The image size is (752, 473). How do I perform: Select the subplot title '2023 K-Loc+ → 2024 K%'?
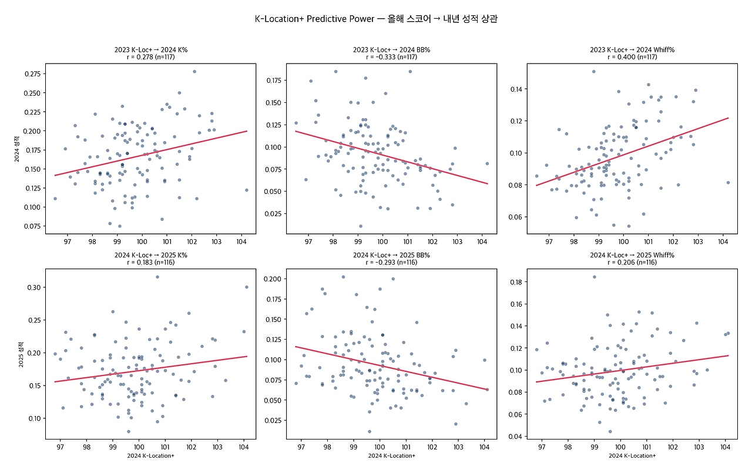151,50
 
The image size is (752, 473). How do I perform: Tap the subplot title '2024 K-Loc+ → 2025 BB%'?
392,256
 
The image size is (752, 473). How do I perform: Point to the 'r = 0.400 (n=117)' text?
632,58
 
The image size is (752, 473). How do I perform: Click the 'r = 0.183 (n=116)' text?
151,263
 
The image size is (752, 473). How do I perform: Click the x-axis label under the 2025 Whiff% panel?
632,455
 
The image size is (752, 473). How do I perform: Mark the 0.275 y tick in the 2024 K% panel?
33,74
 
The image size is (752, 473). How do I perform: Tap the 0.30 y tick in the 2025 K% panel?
35,287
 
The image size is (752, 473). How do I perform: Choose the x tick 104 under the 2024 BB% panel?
482,241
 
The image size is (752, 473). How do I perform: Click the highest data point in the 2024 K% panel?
194,72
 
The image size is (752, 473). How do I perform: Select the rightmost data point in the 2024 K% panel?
247,190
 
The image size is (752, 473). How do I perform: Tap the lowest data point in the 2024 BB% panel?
361,226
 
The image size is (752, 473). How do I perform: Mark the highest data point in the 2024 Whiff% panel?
593,72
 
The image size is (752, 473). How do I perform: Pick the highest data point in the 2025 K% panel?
157,277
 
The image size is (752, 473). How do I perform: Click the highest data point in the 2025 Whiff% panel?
594,277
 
